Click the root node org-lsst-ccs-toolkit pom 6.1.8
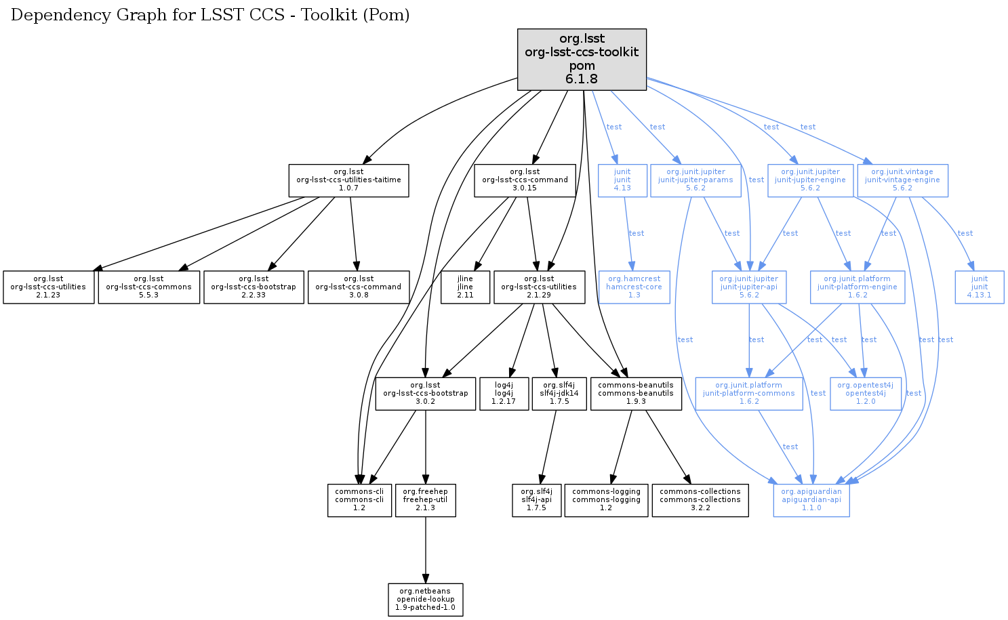click(582, 59)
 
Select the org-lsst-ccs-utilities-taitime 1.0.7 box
click(348, 180)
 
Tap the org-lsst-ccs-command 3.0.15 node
click(525, 180)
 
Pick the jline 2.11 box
click(465, 287)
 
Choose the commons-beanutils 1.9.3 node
click(636, 394)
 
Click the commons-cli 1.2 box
click(359, 500)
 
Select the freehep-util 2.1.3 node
click(425, 500)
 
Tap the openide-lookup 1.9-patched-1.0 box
click(426, 600)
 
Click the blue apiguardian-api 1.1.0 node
click(811, 500)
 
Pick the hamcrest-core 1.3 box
click(634, 287)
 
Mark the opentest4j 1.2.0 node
click(866, 394)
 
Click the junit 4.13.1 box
click(980, 287)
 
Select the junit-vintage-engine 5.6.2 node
click(902, 180)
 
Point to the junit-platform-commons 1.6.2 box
click(749, 394)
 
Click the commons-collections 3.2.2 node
click(700, 500)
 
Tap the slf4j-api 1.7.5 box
click(536, 500)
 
